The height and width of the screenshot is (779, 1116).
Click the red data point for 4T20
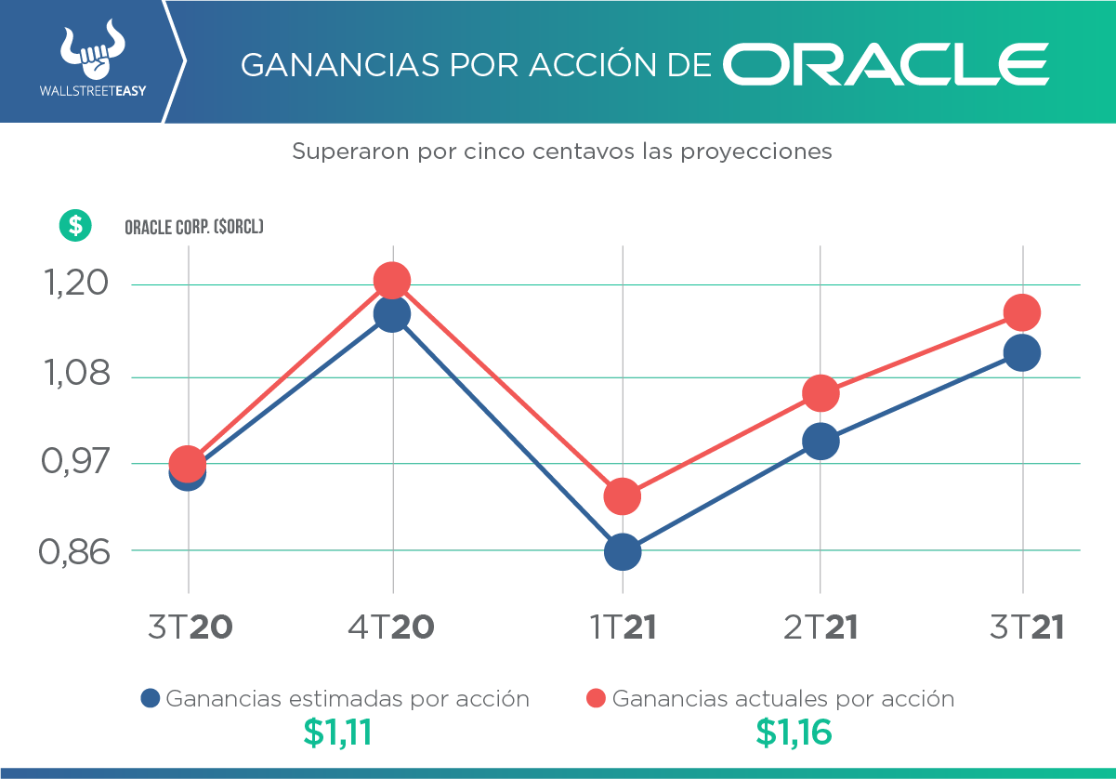pyautogui.click(x=392, y=280)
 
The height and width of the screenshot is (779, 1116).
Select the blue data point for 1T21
pyautogui.click(x=623, y=551)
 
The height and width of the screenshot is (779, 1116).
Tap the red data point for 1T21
pyautogui.click(x=623, y=496)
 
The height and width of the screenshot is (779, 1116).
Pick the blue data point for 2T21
pyautogui.click(x=821, y=441)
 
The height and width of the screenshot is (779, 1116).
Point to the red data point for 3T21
pyautogui.click(x=1022, y=312)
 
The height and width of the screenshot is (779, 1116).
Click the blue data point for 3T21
pyautogui.click(x=1022, y=353)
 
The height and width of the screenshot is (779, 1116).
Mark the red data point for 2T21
pyautogui.click(x=821, y=393)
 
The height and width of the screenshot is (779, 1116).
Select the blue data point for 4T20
pyautogui.click(x=392, y=314)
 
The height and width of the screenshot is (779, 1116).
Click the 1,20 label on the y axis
pyautogui.click(x=73, y=284)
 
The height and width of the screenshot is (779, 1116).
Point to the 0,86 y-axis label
pyautogui.click(x=73, y=551)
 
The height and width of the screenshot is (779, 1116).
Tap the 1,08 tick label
pyautogui.click(x=73, y=376)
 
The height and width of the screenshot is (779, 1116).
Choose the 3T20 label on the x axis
pyautogui.click(x=190, y=627)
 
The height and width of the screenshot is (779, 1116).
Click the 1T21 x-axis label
pyautogui.click(x=623, y=627)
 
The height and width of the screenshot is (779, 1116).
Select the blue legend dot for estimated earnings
pyautogui.click(x=151, y=698)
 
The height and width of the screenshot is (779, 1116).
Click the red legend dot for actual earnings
pyautogui.click(x=597, y=698)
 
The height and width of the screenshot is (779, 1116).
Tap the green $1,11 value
pyautogui.click(x=337, y=733)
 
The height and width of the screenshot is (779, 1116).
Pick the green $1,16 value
pyautogui.click(x=794, y=733)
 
